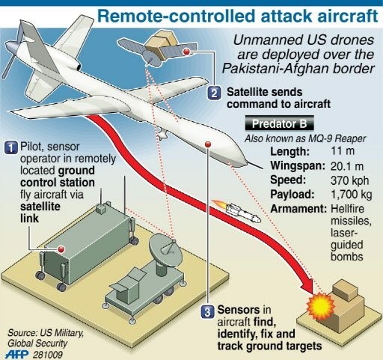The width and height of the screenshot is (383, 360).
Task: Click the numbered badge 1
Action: coord(11,147)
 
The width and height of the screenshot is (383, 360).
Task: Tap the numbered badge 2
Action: coord(214,93)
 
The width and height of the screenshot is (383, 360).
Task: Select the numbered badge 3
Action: coord(207,312)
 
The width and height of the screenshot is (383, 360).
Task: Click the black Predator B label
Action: coord(279,123)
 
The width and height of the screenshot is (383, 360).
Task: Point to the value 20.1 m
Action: coord(347,166)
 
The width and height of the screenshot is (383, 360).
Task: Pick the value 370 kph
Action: coord(349,180)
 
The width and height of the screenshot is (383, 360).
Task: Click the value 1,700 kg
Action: coord(352,195)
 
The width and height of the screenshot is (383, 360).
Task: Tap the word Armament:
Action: coord(298,209)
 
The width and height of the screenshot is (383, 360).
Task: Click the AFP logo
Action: coord(17,354)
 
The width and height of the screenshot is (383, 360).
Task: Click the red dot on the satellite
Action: coord(186,52)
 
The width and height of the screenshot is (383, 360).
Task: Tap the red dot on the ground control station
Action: coord(61,249)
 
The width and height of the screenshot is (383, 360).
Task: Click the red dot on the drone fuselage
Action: coord(208,144)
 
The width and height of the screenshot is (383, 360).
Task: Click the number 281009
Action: coord(48,355)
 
